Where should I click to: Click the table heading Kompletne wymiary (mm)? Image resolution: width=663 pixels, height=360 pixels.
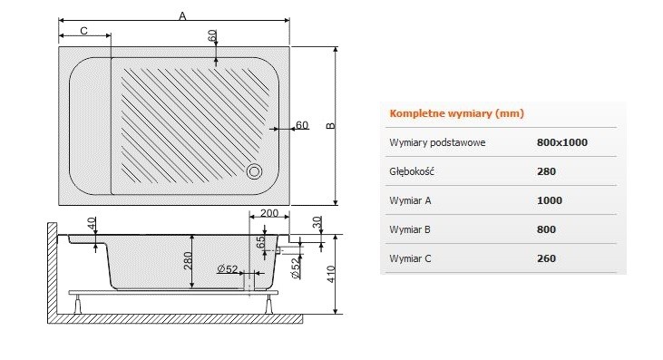point(456,114)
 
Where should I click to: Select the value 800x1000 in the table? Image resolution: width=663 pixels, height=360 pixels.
point(562,142)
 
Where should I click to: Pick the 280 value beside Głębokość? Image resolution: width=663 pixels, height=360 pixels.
point(546,171)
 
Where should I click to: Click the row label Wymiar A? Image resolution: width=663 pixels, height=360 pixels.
point(412,200)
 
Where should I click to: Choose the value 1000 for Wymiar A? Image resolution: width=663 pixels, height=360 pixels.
point(550,200)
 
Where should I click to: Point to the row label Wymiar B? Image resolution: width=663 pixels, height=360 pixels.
point(412,229)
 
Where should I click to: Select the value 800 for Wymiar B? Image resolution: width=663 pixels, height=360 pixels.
point(546,229)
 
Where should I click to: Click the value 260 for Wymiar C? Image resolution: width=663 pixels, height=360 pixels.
point(546,258)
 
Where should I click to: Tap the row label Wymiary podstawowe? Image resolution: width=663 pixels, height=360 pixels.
point(437,142)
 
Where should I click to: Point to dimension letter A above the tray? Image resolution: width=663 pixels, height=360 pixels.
point(182,15)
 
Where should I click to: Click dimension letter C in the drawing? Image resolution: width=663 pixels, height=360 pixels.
point(83,31)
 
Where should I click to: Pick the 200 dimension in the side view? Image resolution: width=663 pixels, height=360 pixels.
point(268,213)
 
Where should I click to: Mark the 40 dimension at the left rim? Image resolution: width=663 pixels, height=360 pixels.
point(92,223)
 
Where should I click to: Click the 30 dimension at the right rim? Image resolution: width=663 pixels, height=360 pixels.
point(317,221)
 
